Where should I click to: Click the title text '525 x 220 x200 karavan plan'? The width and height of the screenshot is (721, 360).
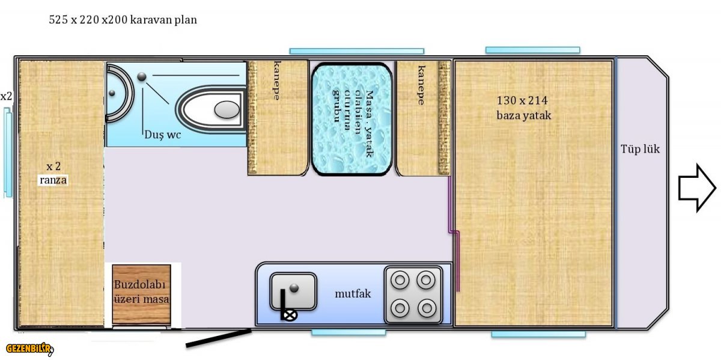click(123, 20)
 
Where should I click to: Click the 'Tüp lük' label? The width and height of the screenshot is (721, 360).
click(640, 149)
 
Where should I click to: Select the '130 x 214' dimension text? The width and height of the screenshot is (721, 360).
click(522, 100)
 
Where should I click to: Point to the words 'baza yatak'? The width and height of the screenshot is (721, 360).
click(524, 115)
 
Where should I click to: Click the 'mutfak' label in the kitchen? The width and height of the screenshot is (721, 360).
click(353, 294)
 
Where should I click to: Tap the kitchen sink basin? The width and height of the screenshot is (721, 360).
click(293, 291)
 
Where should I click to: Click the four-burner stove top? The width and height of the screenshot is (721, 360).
click(413, 294)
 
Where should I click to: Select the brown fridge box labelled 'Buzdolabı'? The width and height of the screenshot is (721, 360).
click(141, 294)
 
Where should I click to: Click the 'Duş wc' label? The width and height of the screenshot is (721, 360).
click(163, 134)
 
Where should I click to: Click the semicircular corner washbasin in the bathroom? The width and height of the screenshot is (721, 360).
click(118, 93)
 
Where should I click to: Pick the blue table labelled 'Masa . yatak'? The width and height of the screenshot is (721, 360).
click(352, 119)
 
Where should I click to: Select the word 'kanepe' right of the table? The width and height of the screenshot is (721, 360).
click(421, 85)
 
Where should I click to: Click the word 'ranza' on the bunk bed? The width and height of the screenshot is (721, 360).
click(53, 180)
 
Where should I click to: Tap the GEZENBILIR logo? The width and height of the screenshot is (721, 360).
click(29, 349)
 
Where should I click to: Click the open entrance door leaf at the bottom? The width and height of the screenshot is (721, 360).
click(219, 338)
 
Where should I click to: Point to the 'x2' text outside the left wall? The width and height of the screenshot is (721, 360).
click(6, 96)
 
